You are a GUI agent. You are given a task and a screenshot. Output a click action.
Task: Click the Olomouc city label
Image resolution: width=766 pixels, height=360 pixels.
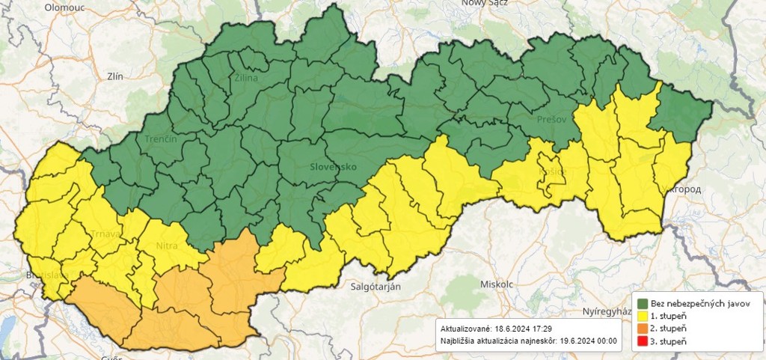click(x=65, y=7)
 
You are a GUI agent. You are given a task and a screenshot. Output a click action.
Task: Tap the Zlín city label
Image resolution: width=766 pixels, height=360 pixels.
click(x=115, y=76)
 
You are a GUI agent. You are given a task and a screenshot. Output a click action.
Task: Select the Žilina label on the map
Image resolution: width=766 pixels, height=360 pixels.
click(x=246, y=78)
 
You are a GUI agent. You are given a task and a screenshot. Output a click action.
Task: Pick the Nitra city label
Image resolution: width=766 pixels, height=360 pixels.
click(x=167, y=245)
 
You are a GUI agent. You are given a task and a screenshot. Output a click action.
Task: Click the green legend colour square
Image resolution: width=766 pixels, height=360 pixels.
click(x=643, y=303)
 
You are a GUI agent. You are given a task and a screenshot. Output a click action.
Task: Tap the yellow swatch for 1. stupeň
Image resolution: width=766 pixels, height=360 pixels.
click(x=643, y=316)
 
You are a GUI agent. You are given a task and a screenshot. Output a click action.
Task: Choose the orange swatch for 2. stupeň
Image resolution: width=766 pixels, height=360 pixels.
click(x=643, y=329)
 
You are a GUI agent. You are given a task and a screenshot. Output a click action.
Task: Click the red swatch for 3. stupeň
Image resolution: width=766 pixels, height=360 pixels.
click(x=643, y=341)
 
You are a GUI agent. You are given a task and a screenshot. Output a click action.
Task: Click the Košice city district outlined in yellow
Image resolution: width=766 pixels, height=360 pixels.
click(x=550, y=177)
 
